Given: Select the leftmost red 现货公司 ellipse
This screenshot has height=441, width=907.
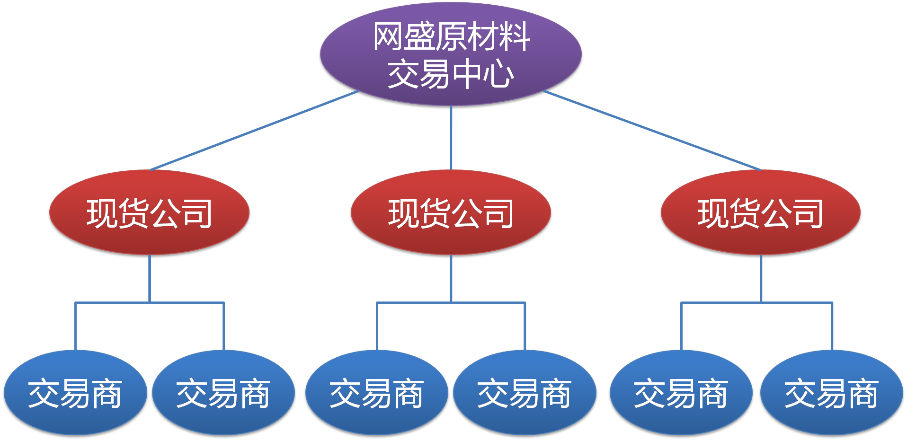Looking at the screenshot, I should tap(149, 213).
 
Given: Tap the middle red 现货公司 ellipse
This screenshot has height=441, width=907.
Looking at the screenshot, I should tap(451, 213).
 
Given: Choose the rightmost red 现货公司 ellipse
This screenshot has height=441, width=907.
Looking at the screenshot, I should tap(760, 213).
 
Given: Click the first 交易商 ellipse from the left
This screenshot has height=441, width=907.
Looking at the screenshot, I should tap(75, 393).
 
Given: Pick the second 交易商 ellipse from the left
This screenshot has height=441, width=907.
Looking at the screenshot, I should tap(223, 393).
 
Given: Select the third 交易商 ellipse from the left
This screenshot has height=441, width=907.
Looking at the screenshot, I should tap(376, 393).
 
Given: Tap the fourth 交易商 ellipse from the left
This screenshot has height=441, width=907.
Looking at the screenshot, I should tap(525, 393).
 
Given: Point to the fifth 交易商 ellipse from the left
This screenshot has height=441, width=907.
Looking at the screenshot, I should tap(681, 393).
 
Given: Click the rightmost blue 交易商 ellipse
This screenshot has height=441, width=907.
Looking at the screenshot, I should tap(831, 393).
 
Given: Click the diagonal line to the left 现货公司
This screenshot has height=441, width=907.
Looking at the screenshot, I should tap(255, 131).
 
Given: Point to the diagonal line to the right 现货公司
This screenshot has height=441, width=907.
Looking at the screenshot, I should tap(652, 131).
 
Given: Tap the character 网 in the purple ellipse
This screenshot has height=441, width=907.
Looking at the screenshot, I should tap(388, 37).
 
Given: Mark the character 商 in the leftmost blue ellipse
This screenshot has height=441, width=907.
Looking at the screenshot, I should tap(107, 394).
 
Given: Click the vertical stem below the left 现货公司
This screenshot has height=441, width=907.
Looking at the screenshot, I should tap(150, 279).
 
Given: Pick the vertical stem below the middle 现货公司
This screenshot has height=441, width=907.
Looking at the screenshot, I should tap(451, 279).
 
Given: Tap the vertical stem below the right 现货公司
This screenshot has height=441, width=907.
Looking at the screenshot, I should tap(761, 279).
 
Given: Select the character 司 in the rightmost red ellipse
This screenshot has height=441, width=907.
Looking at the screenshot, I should tap(809, 214).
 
